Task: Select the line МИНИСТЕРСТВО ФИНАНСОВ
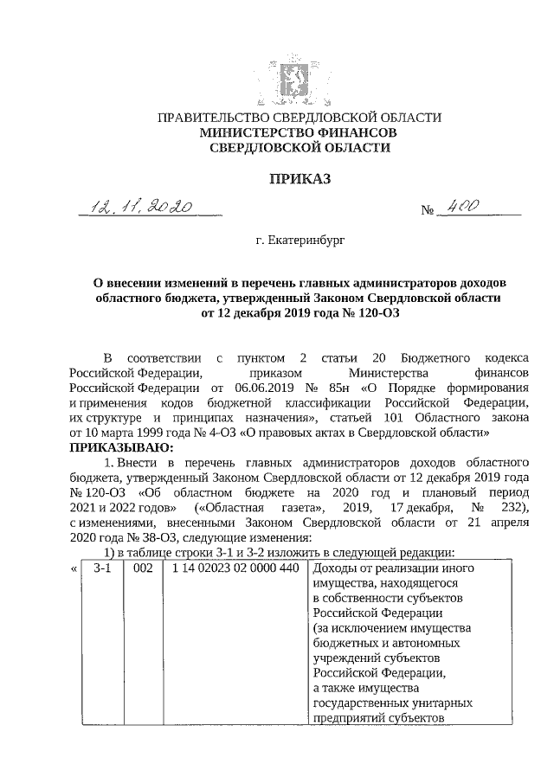click(x=299, y=133)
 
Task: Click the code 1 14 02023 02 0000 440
click(x=222, y=569)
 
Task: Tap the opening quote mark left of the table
click(x=72, y=569)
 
